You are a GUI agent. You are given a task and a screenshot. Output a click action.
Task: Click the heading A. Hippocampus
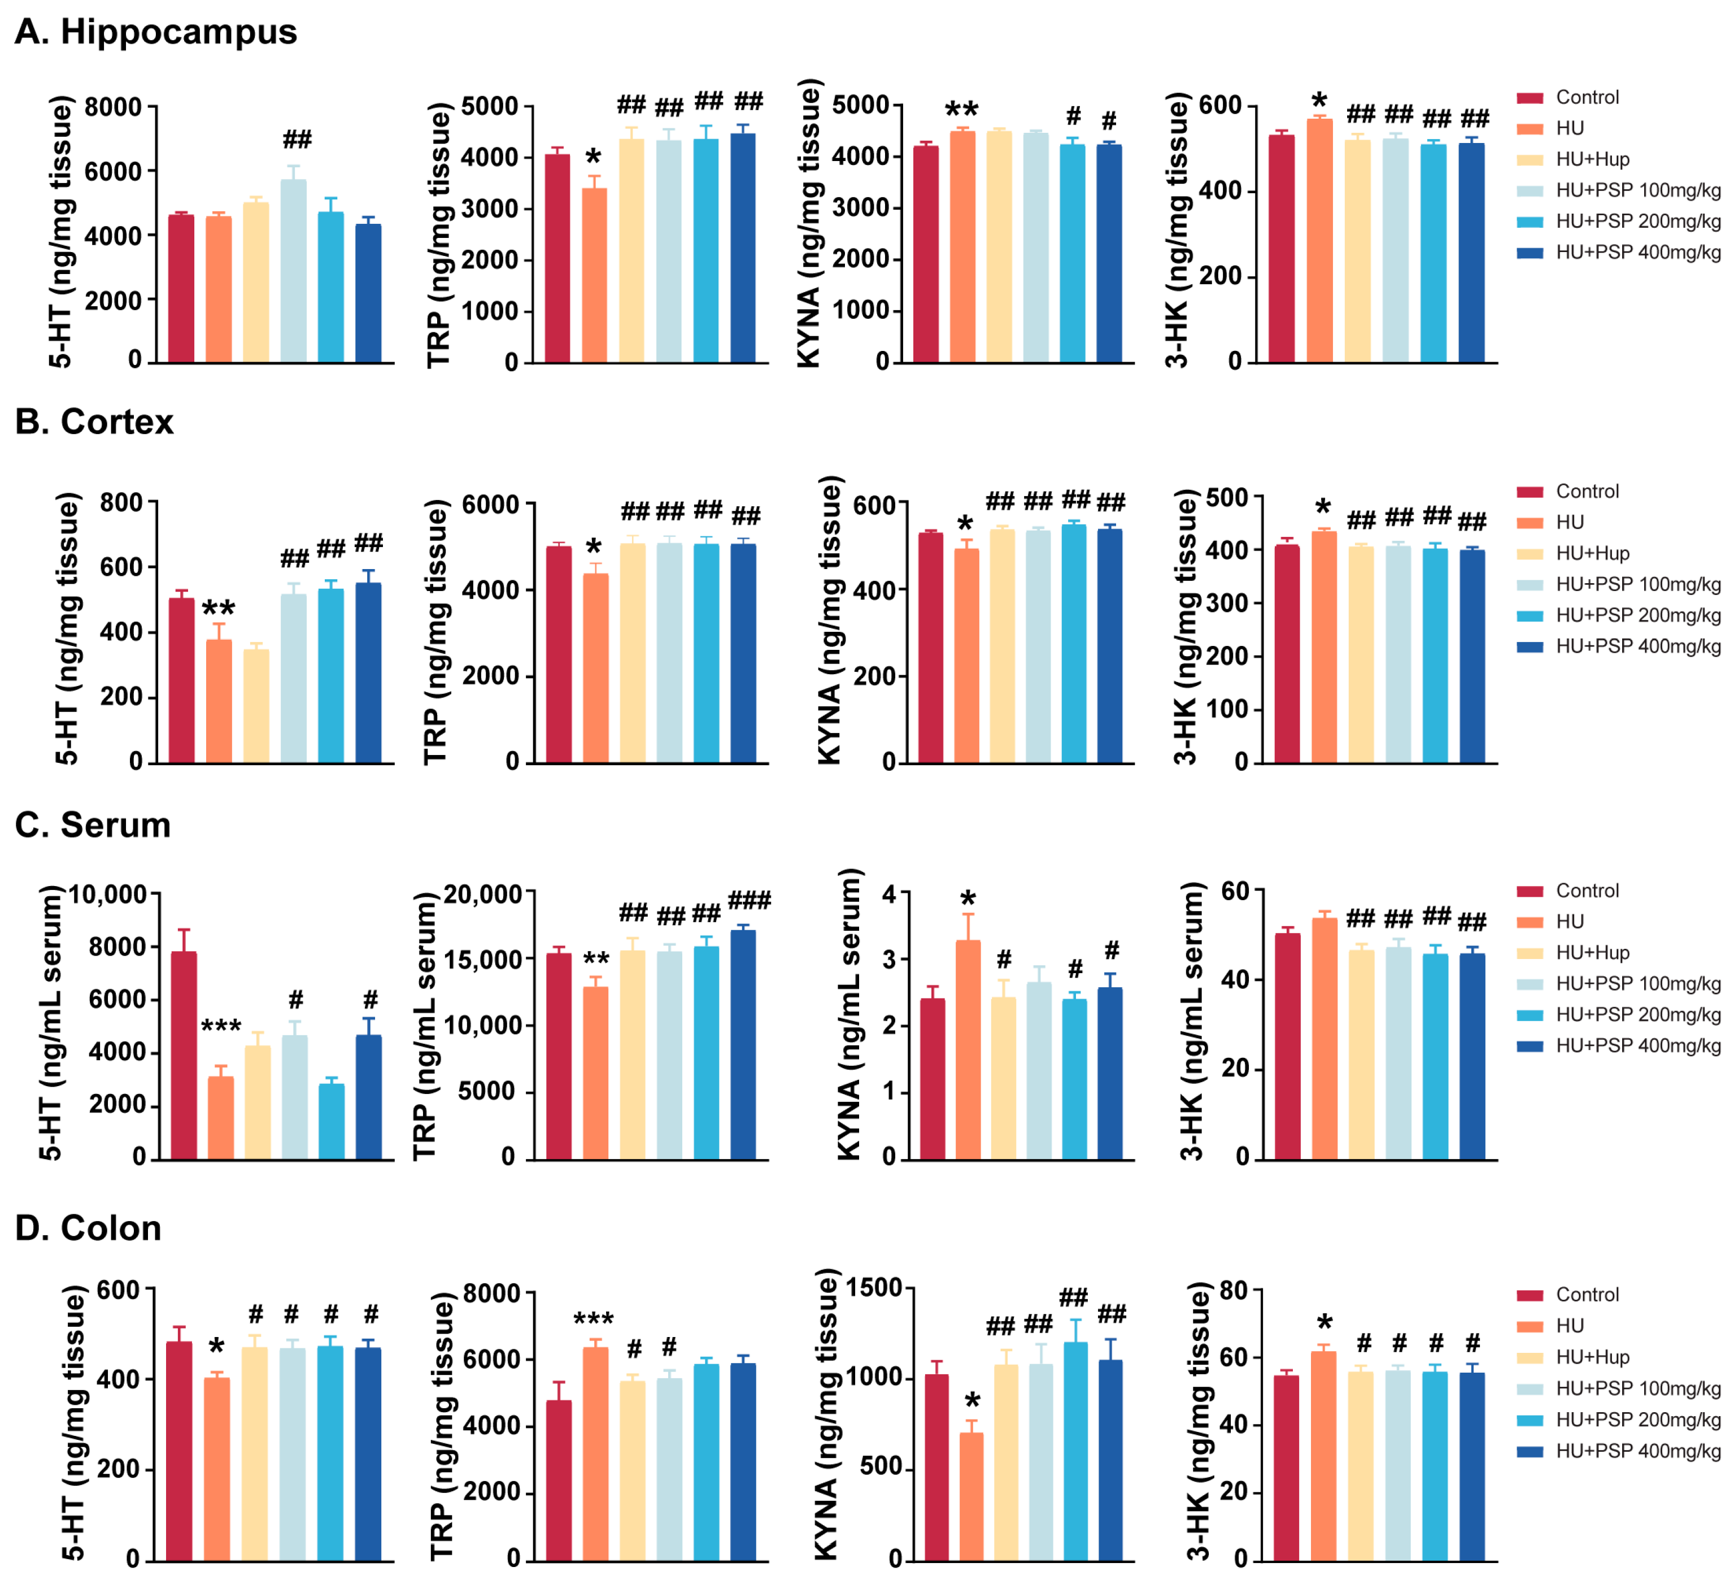click(x=156, y=32)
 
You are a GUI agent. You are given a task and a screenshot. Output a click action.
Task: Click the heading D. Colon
click(x=89, y=1228)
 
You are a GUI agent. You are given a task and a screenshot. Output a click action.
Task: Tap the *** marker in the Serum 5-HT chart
click(x=221, y=1027)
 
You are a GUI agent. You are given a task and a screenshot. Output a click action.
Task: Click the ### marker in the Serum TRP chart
click(x=749, y=901)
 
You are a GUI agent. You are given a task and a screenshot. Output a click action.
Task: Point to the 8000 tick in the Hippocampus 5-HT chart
click(x=112, y=107)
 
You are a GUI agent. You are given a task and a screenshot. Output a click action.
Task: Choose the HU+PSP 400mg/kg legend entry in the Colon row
click(x=1637, y=1451)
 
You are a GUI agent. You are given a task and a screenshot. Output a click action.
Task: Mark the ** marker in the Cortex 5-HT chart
click(x=219, y=609)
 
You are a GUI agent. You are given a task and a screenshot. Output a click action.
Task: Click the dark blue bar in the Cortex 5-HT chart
click(x=369, y=673)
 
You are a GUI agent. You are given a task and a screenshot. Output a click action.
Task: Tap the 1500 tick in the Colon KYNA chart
click(x=874, y=1288)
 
